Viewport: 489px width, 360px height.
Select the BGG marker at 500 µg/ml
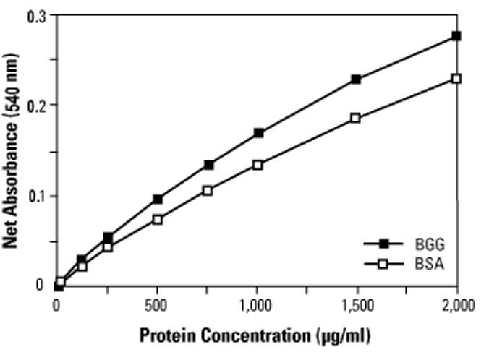tap(158, 199)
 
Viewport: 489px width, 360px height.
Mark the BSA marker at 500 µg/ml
tap(158, 219)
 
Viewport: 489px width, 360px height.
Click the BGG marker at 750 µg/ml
tap(208, 165)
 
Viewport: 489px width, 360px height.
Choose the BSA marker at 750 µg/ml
tap(208, 190)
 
